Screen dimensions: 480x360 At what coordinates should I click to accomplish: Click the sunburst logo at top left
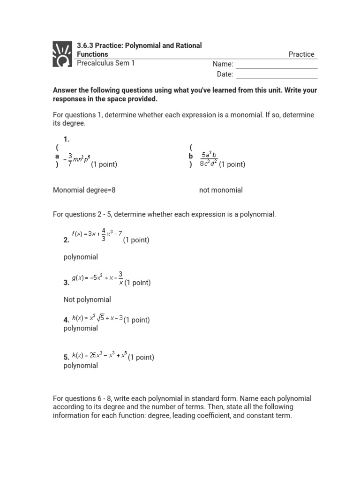(x=63, y=54)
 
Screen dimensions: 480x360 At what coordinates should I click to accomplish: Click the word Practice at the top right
(x=301, y=54)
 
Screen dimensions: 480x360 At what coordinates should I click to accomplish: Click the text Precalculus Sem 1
(x=105, y=63)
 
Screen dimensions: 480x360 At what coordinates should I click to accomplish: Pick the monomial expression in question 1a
(x=77, y=159)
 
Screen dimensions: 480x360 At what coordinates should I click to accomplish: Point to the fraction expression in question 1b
(x=209, y=159)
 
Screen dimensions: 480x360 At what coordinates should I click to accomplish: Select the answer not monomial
(x=221, y=190)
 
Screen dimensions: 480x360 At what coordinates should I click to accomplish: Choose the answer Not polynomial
(x=87, y=300)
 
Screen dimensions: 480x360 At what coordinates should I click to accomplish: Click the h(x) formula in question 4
(x=97, y=318)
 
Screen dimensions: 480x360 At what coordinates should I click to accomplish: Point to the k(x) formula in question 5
(x=99, y=356)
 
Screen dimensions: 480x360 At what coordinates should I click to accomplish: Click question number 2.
(x=66, y=240)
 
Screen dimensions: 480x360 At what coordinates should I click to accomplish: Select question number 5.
(x=66, y=357)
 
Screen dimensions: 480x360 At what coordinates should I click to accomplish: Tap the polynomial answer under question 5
(x=81, y=366)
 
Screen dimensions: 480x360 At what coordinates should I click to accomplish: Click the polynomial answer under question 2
(x=81, y=257)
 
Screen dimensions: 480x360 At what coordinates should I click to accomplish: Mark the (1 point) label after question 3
(x=137, y=283)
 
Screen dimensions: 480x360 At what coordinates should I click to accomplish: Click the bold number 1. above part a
(x=66, y=139)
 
